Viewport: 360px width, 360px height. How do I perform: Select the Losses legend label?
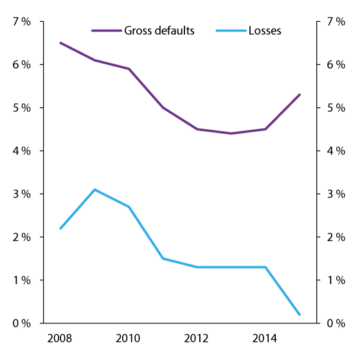tap(264, 30)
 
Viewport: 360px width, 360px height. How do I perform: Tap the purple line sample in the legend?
tap(104, 30)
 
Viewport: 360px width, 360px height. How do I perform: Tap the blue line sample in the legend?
tap(231, 30)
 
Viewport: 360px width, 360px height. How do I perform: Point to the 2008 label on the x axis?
tap(60, 337)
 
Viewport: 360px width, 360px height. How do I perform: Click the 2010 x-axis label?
tap(129, 337)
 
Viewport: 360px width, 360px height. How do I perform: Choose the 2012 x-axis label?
tap(197, 337)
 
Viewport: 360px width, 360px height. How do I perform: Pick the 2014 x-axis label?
tap(265, 337)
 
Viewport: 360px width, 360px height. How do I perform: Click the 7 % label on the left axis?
tap(22, 22)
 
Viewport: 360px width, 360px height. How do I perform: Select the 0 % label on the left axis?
tap(22, 323)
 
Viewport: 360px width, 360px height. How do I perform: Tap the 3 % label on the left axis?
tap(22, 194)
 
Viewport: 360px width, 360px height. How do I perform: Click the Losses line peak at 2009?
tap(94, 190)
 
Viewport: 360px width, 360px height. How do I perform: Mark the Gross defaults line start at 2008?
tap(60, 43)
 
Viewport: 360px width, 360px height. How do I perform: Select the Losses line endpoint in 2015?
tap(300, 314)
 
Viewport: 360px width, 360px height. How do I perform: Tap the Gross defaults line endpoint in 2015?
tap(300, 94)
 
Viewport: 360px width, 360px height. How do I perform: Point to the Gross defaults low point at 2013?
tap(231, 134)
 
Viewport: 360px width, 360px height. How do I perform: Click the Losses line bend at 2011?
tap(163, 258)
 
